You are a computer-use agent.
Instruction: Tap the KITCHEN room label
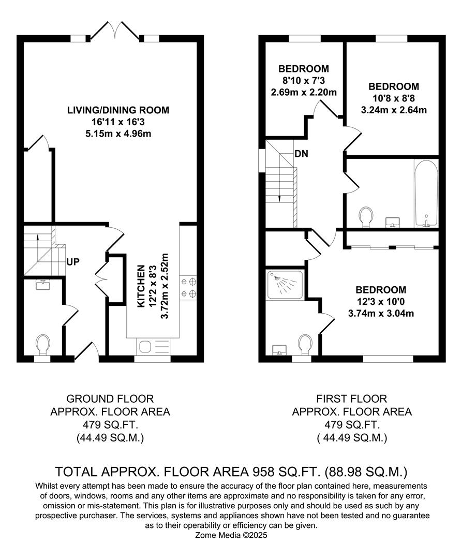point(140,286)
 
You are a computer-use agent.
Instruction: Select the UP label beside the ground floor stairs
point(72,261)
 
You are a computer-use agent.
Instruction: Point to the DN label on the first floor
point(302,154)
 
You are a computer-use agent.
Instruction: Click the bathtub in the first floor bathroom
point(426,193)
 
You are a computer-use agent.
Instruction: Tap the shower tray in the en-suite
point(285,285)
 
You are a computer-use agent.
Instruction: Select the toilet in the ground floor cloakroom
point(42,344)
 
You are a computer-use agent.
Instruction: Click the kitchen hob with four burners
point(188,288)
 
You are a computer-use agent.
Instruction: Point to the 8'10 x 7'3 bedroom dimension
point(303,81)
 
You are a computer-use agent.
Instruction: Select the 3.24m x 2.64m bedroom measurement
point(393,110)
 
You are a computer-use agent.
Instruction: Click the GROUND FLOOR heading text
point(110,399)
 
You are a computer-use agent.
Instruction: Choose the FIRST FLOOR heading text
point(352,399)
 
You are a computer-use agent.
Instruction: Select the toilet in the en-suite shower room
point(305,344)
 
